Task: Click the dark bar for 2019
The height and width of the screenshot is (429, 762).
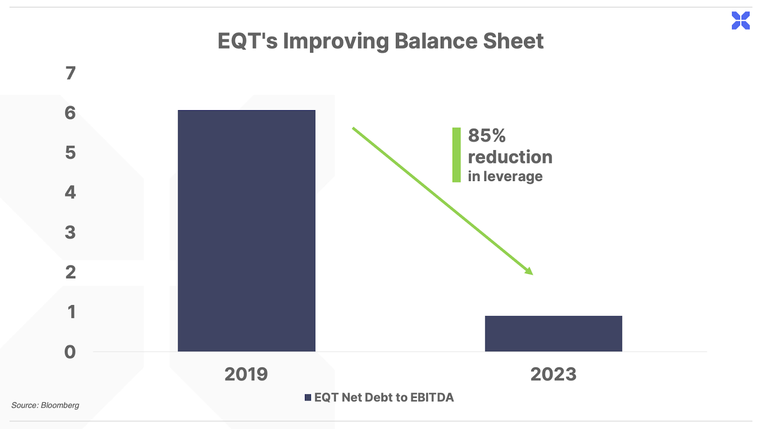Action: [x=247, y=231]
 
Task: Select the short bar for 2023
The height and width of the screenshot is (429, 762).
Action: [x=553, y=334]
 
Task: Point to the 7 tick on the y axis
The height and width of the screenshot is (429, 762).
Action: [x=70, y=73]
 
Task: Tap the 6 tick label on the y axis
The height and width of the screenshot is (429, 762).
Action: [x=70, y=113]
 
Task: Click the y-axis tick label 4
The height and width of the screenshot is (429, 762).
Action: [x=70, y=193]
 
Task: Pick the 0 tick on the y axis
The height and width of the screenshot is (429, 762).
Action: [x=70, y=352]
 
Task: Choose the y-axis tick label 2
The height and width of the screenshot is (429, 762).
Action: [x=70, y=272]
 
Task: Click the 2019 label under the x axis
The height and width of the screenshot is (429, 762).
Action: [x=246, y=374]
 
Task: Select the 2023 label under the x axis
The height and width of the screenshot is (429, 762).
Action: [x=553, y=374]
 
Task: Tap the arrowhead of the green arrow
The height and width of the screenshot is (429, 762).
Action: [x=530, y=271]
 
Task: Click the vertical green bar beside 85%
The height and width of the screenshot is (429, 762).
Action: [x=457, y=155]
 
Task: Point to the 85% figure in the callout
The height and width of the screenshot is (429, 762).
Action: [x=487, y=135]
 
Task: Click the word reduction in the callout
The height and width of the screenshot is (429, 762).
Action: [x=510, y=157]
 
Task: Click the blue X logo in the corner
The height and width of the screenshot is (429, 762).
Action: [x=741, y=20]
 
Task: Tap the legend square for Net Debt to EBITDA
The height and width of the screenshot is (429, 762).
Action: [x=308, y=398]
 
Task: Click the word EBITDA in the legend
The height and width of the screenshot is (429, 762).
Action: [x=432, y=398]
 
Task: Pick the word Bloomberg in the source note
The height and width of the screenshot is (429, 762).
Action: [x=60, y=406]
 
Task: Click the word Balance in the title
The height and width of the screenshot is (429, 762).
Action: [x=436, y=41]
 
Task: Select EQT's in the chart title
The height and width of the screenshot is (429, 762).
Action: [x=248, y=41]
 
